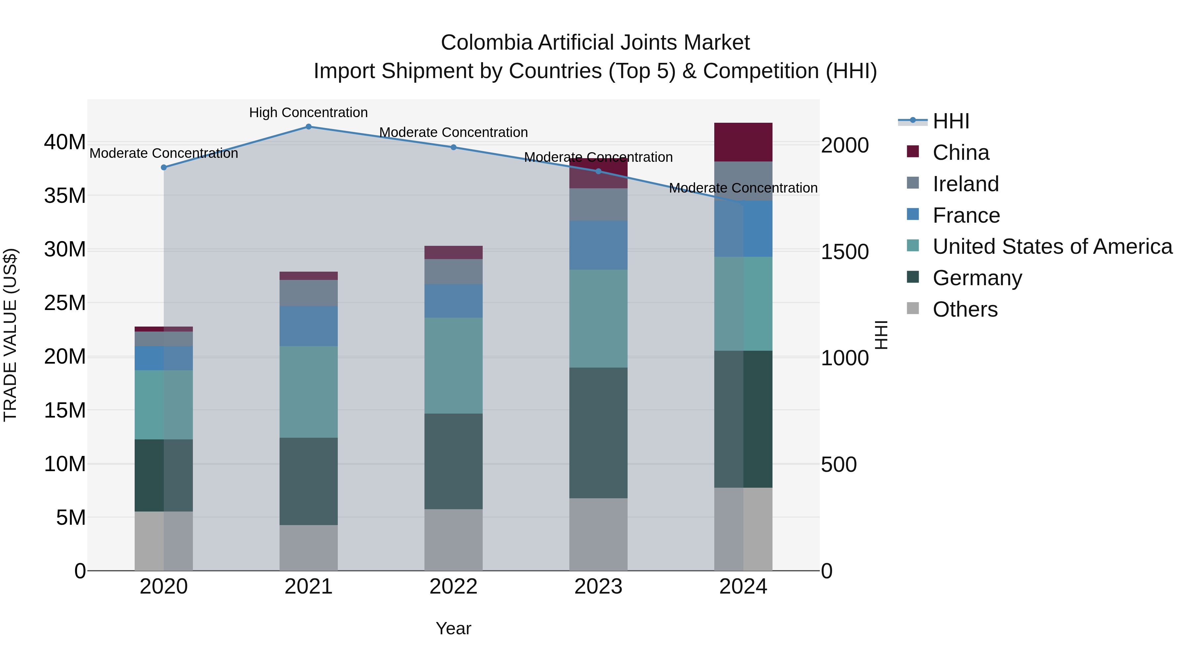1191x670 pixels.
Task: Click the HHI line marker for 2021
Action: pos(308,127)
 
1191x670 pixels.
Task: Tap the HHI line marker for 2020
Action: pos(164,167)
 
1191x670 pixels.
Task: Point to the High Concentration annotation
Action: pos(308,113)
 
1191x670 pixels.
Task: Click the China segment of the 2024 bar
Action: pos(743,142)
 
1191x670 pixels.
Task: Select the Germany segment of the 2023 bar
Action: pos(598,433)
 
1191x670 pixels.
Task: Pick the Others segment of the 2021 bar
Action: pos(308,548)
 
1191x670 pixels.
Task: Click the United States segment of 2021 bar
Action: pos(308,392)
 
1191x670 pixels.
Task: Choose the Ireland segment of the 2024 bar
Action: pos(743,181)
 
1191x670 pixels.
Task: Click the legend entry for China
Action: pos(960,153)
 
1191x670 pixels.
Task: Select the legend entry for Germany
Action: pos(977,278)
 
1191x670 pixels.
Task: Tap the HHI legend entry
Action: pos(950,121)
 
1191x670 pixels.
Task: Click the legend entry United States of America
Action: pos(1052,246)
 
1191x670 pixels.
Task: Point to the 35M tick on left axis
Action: pos(65,196)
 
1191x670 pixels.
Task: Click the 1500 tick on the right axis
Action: pos(845,252)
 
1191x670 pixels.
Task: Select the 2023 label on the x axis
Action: pos(598,587)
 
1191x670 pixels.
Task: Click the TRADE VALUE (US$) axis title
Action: pos(10,335)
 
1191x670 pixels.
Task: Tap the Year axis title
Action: pos(453,628)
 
